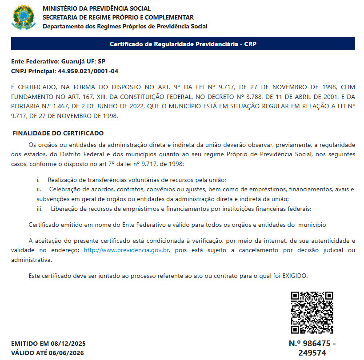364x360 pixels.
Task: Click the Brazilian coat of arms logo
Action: pyautogui.click(x=23, y=17)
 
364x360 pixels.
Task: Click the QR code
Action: pyautogui.click(x=312, y=313)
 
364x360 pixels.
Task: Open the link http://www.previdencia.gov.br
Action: pyautogui.click(x=127, y=250)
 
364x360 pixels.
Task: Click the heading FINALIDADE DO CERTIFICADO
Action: pyautogui.click(x=58, y=133)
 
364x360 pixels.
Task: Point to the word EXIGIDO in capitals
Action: pyautogui.click(x=295, y=276)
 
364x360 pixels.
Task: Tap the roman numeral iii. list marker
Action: pyautogui.click(x=40, y=209)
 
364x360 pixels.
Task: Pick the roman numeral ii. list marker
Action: pyautogui.click(x=39, y=189)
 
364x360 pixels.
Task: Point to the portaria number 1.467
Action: pyautogui.click(x=56, y=107)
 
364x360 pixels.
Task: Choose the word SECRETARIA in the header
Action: pyautogui.click(x=61, y=17)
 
